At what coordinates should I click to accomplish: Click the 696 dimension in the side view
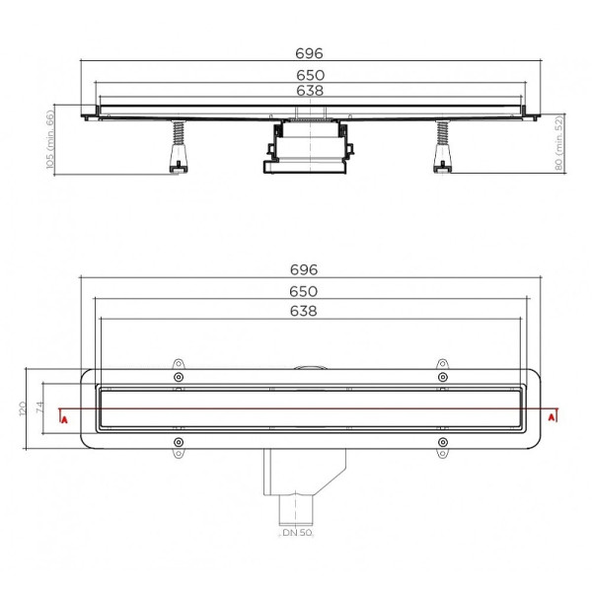coord(309,53)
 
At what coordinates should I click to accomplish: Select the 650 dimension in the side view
coord(310,76)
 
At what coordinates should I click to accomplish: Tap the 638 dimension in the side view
coord(310,91)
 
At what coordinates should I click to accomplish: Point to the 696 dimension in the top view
coord(304,270)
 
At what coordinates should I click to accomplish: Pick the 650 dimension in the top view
coord(304,291)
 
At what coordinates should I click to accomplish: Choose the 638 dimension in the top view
coord(304,311)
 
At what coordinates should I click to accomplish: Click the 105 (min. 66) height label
coord(50,139)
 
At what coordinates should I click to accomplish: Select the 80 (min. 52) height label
coord(559,143)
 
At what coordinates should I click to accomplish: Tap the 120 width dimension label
coord(23,408)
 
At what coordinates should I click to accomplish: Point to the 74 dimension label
coord(39,407)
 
